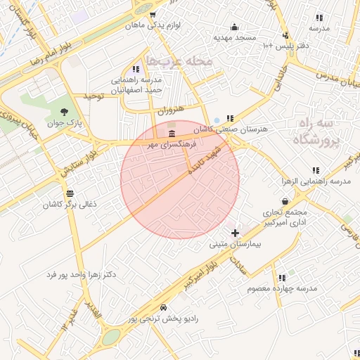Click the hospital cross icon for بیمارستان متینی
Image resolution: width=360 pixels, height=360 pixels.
[x=234, y=232]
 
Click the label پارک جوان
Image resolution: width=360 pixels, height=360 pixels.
[x=65, y=123]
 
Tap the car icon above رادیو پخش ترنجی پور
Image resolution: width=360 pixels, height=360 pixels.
[x=163, y=307]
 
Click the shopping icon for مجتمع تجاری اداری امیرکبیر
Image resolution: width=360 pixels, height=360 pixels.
[x=285, y=201]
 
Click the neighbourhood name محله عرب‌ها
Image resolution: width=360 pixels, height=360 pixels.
[x=178, y=61]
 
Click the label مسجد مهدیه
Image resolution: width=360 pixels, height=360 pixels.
[x=234, y=37]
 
